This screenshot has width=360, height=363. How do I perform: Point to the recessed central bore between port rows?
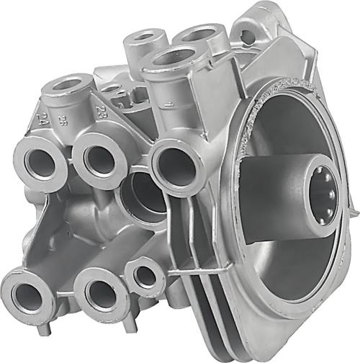pyautogui.click(x=140, y=196)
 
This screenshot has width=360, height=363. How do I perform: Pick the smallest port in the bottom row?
pyautogui.click(x=146, y=275)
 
